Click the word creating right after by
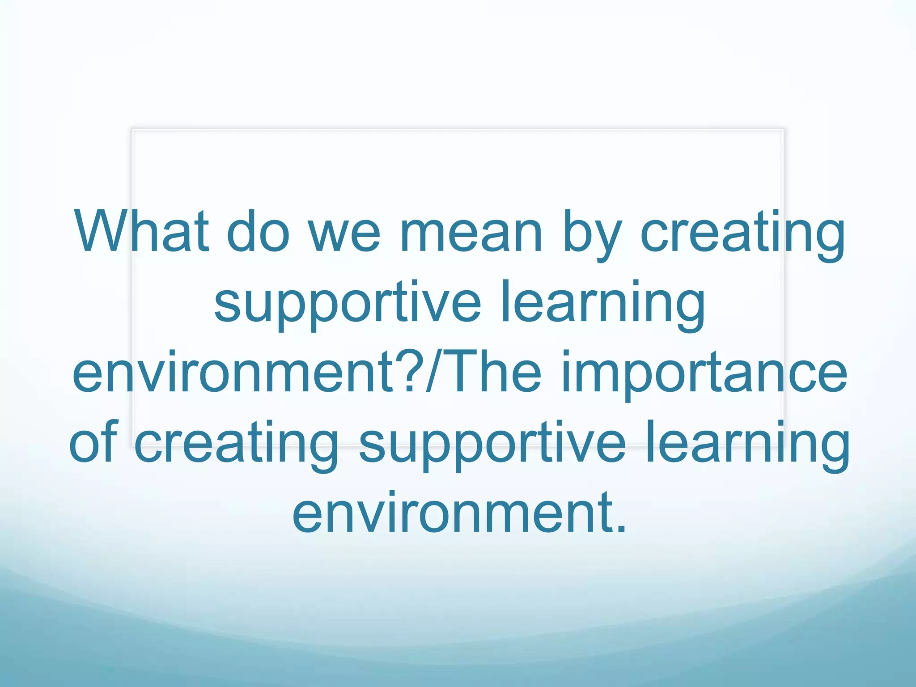point(742,235)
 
